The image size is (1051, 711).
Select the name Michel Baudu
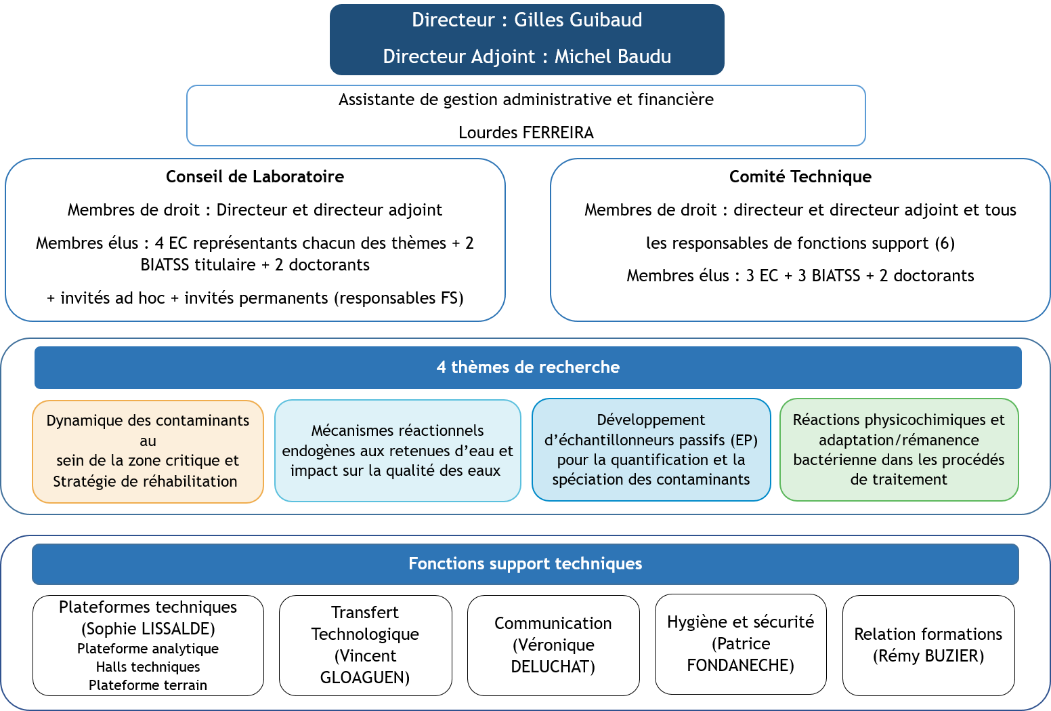point(612,56)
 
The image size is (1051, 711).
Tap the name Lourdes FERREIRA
point(525,133)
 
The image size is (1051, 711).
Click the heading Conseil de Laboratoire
point(255,177)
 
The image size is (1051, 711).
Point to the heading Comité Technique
point(800,177)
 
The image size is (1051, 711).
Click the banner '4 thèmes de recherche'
point(528,367)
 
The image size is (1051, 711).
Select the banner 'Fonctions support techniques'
point(525,564)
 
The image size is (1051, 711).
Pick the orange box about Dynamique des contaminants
point(148,451)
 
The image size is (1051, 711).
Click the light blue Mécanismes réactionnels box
point(398,451)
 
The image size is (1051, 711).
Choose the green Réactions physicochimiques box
point(899,449)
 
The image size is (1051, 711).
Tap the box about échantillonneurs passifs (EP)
point(651,449)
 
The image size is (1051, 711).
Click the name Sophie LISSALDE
point(148,629)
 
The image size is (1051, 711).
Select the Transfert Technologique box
point(365,645)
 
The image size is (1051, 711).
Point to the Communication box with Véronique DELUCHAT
point(553,645)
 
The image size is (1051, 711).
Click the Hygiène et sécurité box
point(740,643)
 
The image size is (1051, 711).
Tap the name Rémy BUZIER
point(928,656)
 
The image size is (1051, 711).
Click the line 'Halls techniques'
point(148,667)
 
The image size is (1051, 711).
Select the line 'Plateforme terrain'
point(148,685)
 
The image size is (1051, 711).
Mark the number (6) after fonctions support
point(945,243)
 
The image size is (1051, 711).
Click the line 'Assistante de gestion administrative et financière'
point(525,100)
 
